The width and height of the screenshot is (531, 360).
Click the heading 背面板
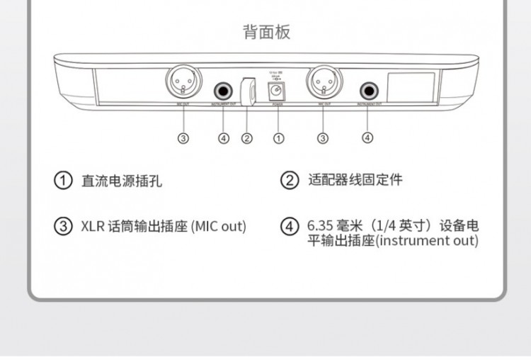[266, 32]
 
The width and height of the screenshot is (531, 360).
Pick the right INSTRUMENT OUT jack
[368, 91]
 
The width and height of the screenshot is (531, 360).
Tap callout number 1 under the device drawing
[279, 138]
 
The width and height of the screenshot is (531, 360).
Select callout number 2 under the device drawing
[247, 138]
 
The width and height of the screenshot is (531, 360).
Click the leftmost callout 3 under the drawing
[183, 138]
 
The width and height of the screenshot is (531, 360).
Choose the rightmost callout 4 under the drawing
[367, 138]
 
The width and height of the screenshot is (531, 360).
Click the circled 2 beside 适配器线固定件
[290, 181]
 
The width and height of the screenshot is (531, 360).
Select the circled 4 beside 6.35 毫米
[290, 227]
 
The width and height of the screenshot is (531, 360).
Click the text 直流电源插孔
[122, 181]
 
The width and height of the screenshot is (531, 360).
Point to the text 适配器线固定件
[355, 181]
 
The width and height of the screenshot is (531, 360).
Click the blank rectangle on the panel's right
[411, 89]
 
